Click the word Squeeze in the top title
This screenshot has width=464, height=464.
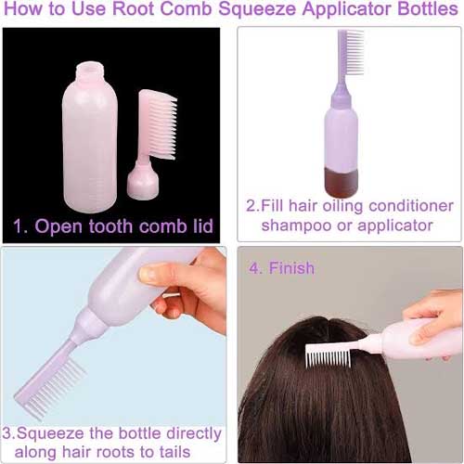click(257, 9)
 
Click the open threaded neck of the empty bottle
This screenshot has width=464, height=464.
click(90, 71)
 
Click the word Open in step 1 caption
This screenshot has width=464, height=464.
click(59, 226)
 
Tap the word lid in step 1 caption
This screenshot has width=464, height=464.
click(203, 226)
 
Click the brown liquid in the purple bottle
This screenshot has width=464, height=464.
click(342, 182)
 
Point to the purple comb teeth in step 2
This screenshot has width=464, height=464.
click(354, 52)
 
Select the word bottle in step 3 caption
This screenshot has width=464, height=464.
click(140, 433)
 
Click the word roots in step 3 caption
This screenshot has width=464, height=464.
click(116, 452)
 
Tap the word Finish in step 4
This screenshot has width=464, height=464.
click(291, 268)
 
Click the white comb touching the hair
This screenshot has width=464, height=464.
click(329, 355)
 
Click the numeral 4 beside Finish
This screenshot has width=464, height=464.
click(254, 268)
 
